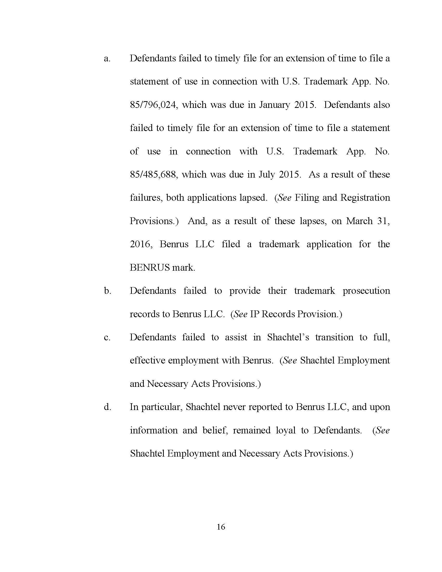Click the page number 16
pos(221,527)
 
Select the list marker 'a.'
pos(107,59)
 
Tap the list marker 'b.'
pos(107,291)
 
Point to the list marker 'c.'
pos(107,337)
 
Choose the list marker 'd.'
pos(107,407)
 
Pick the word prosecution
pos(366,291)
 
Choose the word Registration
pos(365,198)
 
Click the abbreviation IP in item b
pos(254,314)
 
